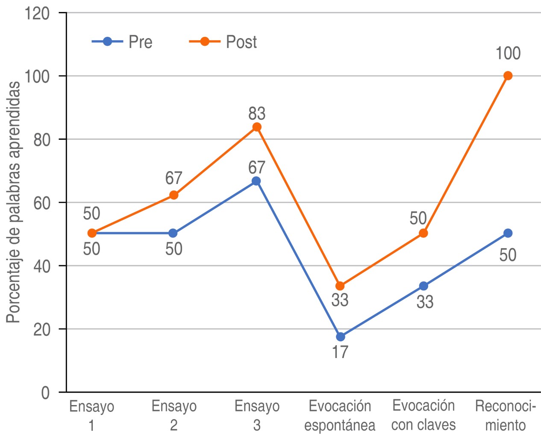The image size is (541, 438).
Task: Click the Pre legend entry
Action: (122, 42)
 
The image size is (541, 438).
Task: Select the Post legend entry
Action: (223, 42)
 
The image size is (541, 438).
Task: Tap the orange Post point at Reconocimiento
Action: (508, 76)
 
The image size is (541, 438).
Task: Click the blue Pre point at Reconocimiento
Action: (508, 233)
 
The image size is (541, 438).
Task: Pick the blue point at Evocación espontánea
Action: (340, 337)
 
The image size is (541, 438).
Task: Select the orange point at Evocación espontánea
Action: (340, 286)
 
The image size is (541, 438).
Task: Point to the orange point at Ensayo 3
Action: (257, 127)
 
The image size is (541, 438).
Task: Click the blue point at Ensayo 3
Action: (256, 181)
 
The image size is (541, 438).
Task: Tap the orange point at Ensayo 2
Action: (174, 195)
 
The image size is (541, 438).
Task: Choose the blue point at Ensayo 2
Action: (173, 233)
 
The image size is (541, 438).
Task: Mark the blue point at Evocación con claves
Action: (423, 286)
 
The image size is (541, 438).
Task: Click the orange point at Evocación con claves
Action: (423, 233)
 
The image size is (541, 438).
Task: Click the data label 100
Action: (508, 54)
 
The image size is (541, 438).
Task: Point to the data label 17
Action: (340, 352)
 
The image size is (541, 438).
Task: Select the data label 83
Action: (257, 114)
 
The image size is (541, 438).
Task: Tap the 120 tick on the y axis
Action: (37, 14)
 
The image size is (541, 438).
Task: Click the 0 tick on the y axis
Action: (45, 393)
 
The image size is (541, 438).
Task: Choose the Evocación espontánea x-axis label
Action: (340, 415)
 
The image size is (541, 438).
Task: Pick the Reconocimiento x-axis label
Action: (505, 415)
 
